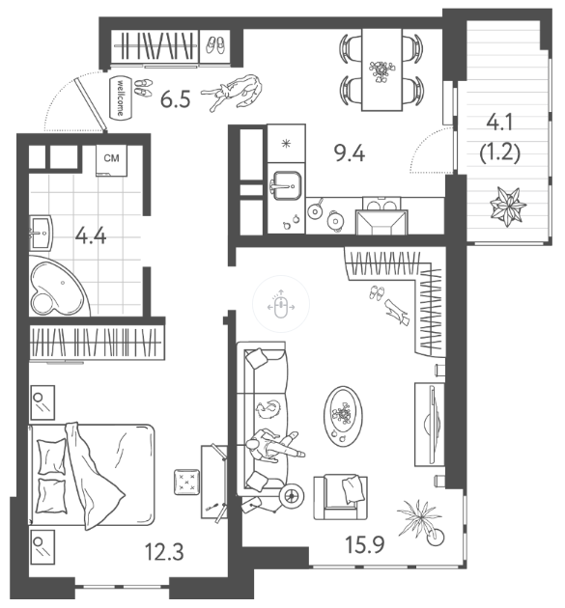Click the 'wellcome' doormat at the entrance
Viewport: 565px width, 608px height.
click(120, 97)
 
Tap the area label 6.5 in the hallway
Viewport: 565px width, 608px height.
click(176, 99)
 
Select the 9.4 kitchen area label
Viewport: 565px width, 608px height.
click(350, 152)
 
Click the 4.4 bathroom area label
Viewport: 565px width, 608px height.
click(91, 235)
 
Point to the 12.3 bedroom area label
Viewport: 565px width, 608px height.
click(164, 551)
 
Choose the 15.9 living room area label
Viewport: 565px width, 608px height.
click(365, 543)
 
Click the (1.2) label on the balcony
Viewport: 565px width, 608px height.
click(500, 152)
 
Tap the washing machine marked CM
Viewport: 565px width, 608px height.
click(111, 160)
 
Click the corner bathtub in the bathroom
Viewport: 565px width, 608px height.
click(59, 285)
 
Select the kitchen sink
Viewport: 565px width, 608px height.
click(287, 185)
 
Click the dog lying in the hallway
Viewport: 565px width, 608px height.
click(232, 93)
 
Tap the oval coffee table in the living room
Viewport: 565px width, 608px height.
click(343, 416)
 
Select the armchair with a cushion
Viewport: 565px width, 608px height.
click(341, 497)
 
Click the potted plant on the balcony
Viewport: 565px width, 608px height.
click(507, 207)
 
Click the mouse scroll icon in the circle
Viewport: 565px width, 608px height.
click(281, 304)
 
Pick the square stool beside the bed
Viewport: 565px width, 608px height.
click(187, 482)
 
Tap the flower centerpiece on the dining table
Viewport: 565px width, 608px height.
click(381, 71)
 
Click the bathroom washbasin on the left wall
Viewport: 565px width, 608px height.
click(41, 233)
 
